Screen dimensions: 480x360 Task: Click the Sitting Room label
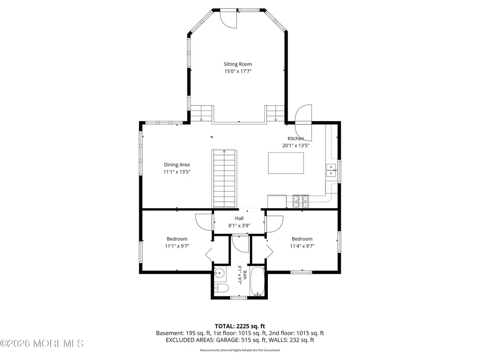(237, 64)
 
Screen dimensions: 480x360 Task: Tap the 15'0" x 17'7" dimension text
(237, 71)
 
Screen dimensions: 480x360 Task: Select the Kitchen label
(295, 139)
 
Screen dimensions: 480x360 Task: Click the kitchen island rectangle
(286, 163)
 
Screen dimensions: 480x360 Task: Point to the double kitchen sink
(331, 170)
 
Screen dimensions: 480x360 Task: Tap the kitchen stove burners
(301, 201)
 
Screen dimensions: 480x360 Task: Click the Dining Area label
(177, 165)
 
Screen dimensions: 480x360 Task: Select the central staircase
(224, 179)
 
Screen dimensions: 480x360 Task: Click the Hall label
(239, 219)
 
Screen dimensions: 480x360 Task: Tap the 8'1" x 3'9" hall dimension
(239, 226)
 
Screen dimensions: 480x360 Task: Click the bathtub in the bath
(258, 281)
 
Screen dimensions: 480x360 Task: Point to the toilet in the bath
(222, 288)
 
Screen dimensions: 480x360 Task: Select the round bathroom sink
(220, 273)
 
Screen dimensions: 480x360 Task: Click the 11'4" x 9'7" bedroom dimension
(302, 246)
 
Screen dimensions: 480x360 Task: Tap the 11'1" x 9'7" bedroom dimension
(177, 246)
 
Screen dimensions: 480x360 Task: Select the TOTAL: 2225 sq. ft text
(240, 326)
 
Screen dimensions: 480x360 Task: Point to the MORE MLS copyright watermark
(42, 344)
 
